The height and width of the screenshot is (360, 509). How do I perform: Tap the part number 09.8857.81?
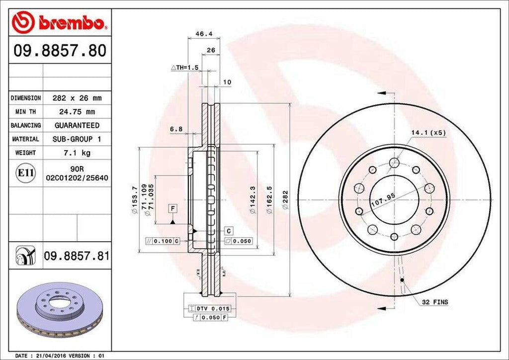click(x=77, y=256)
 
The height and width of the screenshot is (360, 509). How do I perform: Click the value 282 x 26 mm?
click(x=77, y=98)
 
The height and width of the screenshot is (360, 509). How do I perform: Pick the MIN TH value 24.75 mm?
click(x=77, y=112)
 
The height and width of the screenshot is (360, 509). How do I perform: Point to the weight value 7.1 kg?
click(x=77, y=153)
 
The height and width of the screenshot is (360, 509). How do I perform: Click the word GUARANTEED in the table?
click(x=77, y=125)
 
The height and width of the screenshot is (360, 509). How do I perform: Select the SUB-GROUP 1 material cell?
click(x=77, y=139)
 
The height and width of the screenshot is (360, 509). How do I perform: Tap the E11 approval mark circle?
click(x=26, y=173)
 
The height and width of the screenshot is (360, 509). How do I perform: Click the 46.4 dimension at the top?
click(x=200, y=34)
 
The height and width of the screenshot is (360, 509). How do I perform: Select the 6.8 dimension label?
click(x=176, y=129)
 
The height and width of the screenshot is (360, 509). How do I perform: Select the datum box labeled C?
click(x=229, y=231)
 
